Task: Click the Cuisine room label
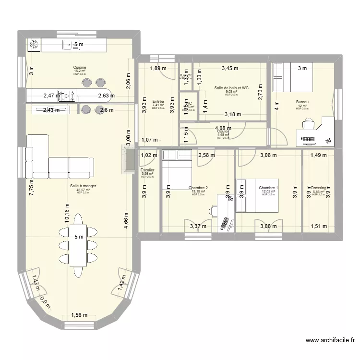pos(80,68)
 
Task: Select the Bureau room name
pos(302,102)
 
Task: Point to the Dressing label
pos(318,188)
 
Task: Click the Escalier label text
pos(147,170)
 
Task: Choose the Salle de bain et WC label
pos(231,88)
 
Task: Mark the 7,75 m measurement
pos(31,185)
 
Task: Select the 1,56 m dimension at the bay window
pos(80,315)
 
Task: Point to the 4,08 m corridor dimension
pos(223,128)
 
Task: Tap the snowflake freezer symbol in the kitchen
pos(35,45)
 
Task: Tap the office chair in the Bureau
pos(308,125)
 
